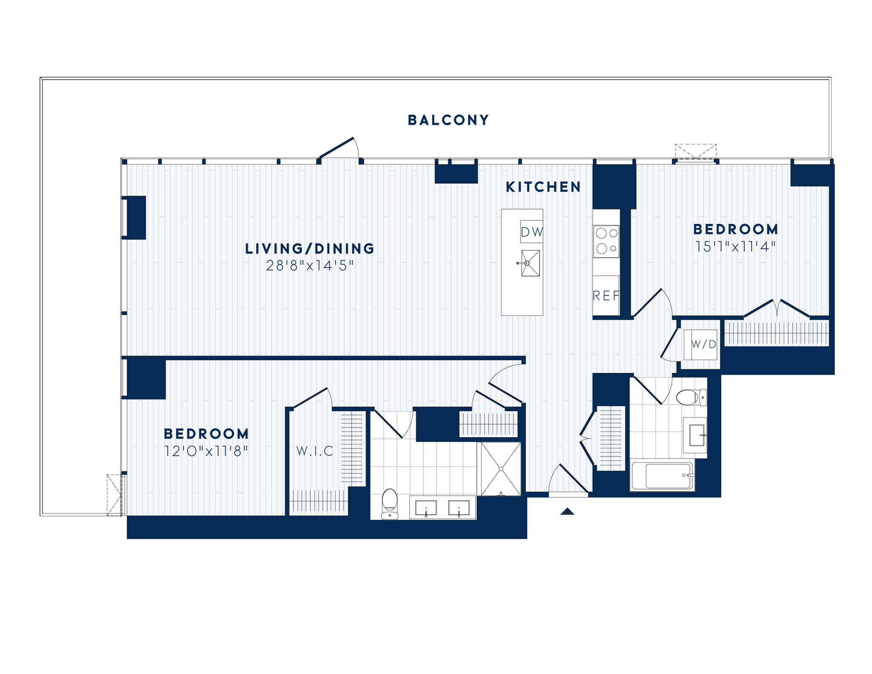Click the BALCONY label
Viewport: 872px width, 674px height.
click(x=448, y=120)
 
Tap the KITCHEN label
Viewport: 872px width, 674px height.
click(x=543, y=187)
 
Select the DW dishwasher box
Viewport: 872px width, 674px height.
click(x=531, y=232)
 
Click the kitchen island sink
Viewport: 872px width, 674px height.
click(x=530, y=263)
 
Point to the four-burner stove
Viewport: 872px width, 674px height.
click(x=606, y=241)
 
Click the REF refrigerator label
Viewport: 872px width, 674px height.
click(x=606, y=295)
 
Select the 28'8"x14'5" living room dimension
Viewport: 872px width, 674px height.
click(x=310, y=266)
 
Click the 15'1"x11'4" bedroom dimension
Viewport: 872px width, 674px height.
click(x=735, y=247)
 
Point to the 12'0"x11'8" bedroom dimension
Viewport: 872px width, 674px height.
click(x=206, y=451)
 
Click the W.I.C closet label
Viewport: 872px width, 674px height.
click(x=315, y=451)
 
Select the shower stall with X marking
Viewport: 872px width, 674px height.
click(x=501, y=469)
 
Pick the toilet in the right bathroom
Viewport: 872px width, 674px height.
click(x=690, y=397)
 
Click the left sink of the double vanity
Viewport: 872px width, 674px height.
click(x=426, y=508)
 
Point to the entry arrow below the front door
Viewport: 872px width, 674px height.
click(x=567, y=511)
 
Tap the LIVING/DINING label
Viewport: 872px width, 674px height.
click(x=310, y=249)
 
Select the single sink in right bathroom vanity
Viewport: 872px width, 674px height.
click(x=697, y=435)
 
